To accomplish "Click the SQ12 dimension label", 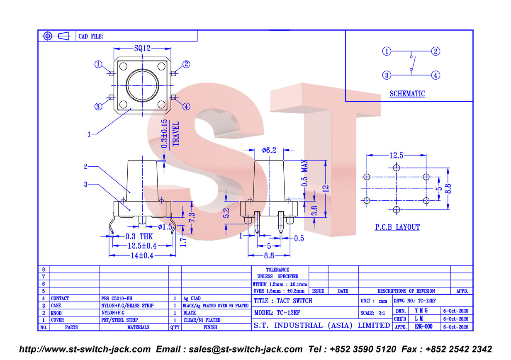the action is pos(142,49).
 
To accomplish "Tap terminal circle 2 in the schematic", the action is pos(436,51).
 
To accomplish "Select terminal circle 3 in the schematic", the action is pos(387,75).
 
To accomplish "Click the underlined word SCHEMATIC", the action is pos(407,94).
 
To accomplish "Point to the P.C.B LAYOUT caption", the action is pos(397,227).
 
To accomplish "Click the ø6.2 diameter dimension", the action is pos(269,150).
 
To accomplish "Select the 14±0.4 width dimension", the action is pos(142,255).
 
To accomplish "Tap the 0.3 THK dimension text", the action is pos(139,236).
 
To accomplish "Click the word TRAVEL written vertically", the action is pos(176,134).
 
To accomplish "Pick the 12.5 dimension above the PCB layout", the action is pos(396,156).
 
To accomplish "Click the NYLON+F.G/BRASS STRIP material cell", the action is pos(127,306).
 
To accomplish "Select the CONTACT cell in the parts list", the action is pos(60,298).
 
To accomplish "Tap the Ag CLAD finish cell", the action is pos(192,298).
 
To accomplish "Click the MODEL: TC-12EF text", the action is pos(277,313).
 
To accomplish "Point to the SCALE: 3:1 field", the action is pos(372,313).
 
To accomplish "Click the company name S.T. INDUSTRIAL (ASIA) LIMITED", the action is pos(322,325).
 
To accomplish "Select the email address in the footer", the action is pos(246,349).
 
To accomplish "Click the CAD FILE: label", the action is pos(90,36).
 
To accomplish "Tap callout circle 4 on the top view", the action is pos(186,107).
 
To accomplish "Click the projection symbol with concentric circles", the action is pos(48,36).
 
